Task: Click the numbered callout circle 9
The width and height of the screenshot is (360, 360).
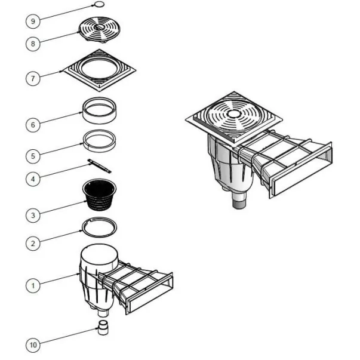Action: (33, 21)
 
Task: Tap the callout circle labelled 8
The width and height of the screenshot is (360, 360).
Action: (33, 44)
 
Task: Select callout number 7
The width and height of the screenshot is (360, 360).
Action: (33, 79)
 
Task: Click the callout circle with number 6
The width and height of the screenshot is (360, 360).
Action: (33, 125)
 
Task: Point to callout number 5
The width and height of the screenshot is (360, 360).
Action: (33, 156)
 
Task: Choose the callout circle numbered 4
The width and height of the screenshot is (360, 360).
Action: (33, 179)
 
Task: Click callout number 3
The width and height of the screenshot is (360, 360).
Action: (33, 216)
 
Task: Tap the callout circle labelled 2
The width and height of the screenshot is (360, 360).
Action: (33, 244)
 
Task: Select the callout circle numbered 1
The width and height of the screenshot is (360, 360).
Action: (33, 285)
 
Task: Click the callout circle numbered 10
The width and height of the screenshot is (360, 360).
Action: (33, 345)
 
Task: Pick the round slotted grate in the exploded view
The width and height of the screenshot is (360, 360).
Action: (99, 29)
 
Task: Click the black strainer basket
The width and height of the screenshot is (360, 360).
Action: (99, 194)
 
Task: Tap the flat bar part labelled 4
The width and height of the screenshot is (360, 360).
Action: (99, 165)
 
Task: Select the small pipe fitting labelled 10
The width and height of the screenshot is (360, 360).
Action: (103, 327)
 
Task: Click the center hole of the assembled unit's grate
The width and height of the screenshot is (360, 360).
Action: (233, 113)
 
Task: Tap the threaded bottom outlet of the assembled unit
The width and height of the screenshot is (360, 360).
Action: (239, 204)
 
